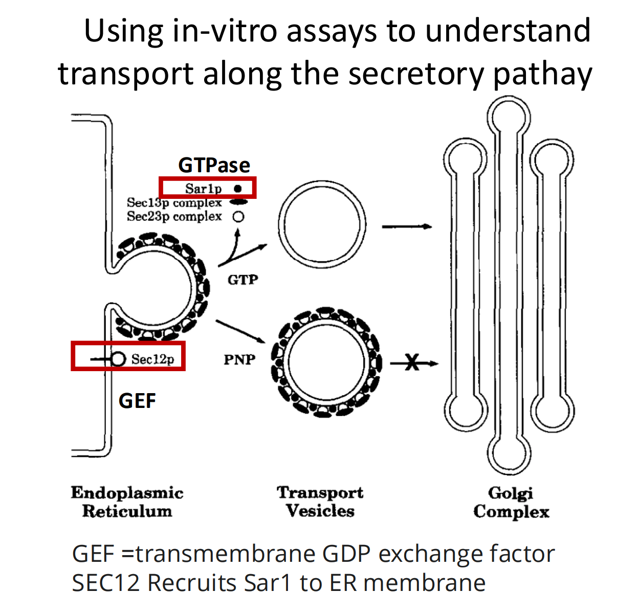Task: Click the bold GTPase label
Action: click(214, 165)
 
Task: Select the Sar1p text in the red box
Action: click(203, 189)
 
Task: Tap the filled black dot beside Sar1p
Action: click(237, 189)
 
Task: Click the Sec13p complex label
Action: click(174, 203)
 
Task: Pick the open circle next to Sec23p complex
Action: click(238, 217)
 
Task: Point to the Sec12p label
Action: click(152, 359)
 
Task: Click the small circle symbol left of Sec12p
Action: click(118, 359)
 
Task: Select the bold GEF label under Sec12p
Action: click(137, 401)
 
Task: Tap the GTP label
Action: click(243, 280)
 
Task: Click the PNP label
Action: click(239, 359)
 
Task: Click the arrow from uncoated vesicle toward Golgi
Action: click(407, 226)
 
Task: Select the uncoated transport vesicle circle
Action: click(322, 226)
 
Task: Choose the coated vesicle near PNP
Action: click(326, 362)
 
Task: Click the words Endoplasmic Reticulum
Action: click(127, 501)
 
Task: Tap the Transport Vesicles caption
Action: click(320, 501)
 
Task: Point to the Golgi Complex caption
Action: click(511, 502)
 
